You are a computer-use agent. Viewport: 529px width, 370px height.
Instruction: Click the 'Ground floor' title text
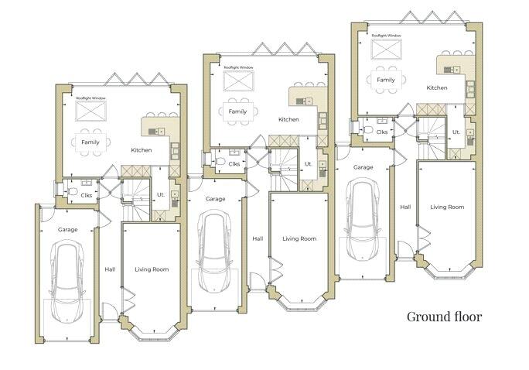coord(444,317)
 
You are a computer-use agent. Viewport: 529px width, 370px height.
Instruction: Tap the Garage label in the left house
coord(67,230)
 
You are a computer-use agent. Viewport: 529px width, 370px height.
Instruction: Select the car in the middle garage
coord(215,252)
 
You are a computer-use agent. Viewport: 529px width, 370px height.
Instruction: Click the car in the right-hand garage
coord(363,219)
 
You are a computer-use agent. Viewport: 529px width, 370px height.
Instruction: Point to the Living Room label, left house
coord(152,269)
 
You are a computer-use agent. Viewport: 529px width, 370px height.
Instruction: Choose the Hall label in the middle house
coord(258,238)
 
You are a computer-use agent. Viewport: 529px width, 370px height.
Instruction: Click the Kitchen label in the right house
coord(437,87)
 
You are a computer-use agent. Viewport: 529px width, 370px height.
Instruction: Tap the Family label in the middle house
coord(237,111)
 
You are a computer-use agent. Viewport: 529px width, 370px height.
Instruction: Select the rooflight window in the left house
coord(90,111)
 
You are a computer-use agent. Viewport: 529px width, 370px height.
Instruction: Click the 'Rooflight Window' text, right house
coord(387,36)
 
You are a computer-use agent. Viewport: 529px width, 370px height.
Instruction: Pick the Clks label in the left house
coord(87,195)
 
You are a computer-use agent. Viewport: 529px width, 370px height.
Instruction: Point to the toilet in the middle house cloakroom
coord(220,161)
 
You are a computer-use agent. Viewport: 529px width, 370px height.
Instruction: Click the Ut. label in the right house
coord(456,132)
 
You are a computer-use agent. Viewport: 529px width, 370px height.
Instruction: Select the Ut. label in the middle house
coord(309,164)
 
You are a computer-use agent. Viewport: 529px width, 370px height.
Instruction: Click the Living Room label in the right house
coord(447,207)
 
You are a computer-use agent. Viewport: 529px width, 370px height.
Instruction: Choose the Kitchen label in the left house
coord(142,150)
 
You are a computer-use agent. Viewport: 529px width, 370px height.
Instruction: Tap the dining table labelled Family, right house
coord(386,80)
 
